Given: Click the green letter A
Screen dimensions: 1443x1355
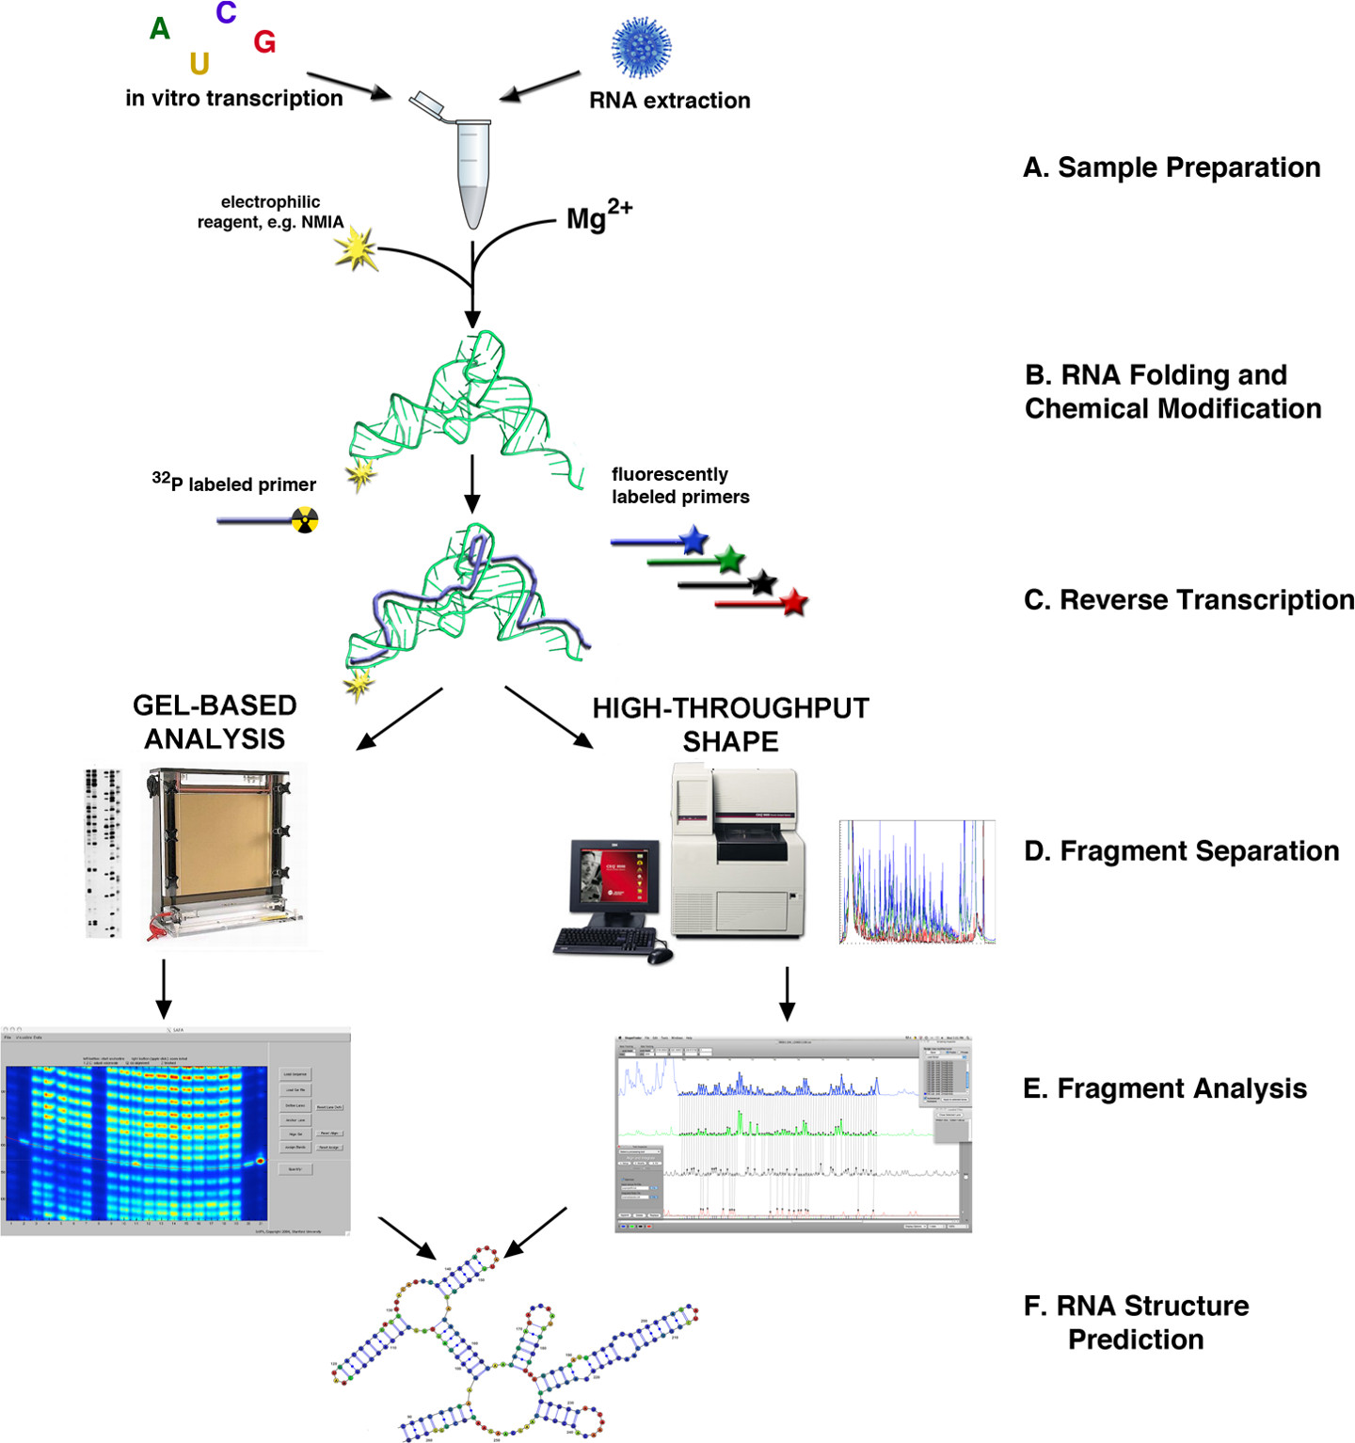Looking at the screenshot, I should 160,29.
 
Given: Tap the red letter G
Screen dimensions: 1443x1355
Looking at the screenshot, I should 264,42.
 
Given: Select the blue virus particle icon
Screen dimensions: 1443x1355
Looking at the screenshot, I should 641,47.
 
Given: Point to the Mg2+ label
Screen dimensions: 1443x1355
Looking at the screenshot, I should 598,216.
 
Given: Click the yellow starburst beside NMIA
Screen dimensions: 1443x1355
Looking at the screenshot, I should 357,249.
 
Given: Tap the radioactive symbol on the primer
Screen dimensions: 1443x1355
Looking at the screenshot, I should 304,520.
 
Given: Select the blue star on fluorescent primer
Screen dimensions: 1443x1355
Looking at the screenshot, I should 693,540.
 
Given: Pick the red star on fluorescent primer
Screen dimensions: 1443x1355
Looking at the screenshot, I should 795,601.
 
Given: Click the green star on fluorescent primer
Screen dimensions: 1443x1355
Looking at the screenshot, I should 730,561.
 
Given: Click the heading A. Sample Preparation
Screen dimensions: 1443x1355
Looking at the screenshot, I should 1172,167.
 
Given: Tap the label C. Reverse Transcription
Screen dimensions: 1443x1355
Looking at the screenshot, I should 1188,600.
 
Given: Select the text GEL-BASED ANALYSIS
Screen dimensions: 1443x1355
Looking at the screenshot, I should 215,721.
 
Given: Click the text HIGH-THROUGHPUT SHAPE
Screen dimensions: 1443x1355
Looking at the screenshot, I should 730,724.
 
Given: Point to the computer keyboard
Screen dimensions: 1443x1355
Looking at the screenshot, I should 604,940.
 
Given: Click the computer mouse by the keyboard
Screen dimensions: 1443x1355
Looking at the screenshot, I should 661,956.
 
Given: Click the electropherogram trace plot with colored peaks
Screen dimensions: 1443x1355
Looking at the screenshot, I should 917,881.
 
